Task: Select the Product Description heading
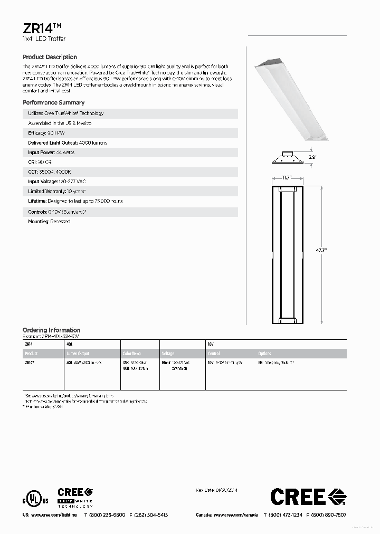50,57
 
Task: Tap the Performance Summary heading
53,102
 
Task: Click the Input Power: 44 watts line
51,152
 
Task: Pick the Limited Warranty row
56,192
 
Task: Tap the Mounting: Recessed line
49,222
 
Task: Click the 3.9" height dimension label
313,157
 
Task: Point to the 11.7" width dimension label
287,178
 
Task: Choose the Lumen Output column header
78,354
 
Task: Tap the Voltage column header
168,354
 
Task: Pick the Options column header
264,354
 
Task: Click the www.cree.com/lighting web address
53,515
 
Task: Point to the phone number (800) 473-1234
286,515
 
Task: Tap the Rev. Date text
216,490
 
